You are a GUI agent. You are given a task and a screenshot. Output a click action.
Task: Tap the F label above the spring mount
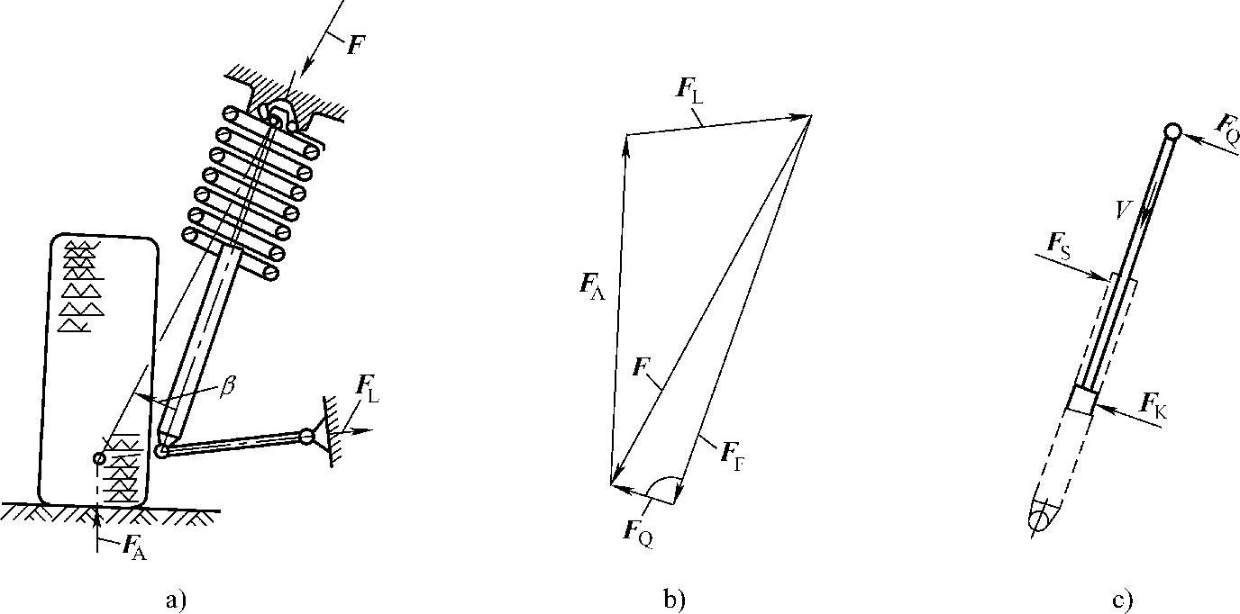click(356, 46)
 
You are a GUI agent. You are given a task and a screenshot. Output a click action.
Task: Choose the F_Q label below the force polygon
click(638, 530)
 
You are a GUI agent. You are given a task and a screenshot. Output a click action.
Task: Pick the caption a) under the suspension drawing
click(177, 599)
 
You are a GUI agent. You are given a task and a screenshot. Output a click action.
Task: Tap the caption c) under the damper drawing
click(1122, 599)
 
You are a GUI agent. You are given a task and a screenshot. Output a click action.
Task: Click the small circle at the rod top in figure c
click(1172, 132)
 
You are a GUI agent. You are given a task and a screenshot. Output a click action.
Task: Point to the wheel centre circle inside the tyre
click(99, 459)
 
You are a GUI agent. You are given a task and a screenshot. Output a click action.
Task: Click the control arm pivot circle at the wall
click(307, 437)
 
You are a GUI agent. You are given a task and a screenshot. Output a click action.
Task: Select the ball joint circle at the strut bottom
click(161, 451)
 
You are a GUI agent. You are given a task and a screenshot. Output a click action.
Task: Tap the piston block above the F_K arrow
click(1082, 400)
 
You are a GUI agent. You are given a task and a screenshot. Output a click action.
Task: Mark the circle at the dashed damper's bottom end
click(1041, 520)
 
